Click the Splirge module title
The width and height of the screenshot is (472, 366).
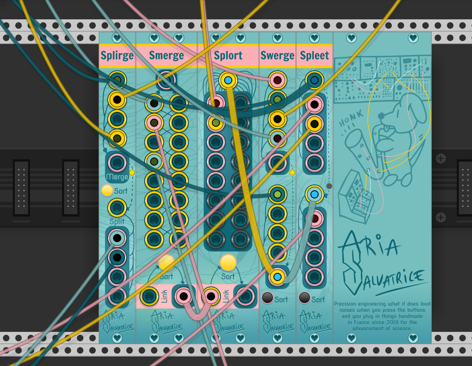(x=117, y=56)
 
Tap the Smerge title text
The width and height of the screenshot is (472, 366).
(x=167, y=56)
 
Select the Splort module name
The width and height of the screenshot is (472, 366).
(x=228, y=56)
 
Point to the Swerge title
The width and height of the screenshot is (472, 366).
(x=278, y=56)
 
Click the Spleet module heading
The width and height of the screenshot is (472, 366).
(x=315, y=56)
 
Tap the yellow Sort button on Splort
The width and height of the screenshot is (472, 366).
(x=228, y=262)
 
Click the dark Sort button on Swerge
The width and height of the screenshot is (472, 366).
(x=268, y=298)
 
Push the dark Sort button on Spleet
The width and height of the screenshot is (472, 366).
(x=305, y=298)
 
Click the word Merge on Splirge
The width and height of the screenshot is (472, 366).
(x=117, y=177)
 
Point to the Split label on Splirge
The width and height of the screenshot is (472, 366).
(x=117, y=221)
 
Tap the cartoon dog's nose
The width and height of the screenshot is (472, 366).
(x=381, y=116)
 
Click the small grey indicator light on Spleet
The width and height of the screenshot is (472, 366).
(x=329, y=186)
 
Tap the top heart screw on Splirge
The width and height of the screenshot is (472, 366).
(x=117, y=38)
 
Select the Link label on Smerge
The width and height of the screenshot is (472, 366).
(x=164, y=296)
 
